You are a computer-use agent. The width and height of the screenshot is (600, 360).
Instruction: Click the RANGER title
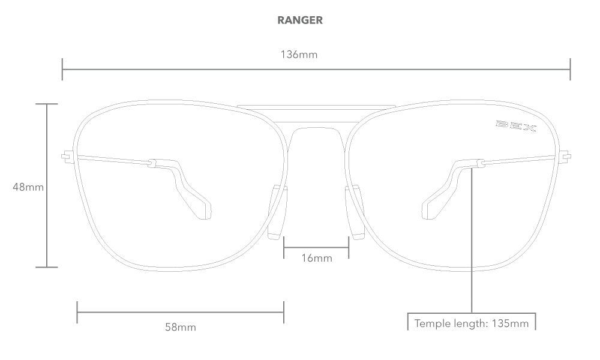[299, 20]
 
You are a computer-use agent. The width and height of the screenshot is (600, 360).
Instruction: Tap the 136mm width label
[299, 55]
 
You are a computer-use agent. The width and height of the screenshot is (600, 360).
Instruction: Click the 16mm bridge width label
[316, 258]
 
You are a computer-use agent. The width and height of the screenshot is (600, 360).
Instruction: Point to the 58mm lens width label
[181, 327]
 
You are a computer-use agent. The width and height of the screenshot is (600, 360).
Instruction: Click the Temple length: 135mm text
[472, 323]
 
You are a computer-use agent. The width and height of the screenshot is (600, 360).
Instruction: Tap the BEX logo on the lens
[515, 127]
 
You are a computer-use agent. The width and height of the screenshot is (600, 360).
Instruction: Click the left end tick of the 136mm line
[62, 69]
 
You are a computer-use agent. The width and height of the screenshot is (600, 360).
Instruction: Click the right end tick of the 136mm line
[570, 69]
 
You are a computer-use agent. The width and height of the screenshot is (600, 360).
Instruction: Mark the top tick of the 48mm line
[47, 104]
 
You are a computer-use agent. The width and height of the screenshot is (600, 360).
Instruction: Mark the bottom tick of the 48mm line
[47, 267]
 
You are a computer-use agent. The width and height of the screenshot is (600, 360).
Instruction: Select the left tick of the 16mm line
[284, 246]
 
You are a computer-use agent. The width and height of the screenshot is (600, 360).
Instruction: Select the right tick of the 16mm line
[349, 246]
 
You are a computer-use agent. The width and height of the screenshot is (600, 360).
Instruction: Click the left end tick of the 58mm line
[77, 312]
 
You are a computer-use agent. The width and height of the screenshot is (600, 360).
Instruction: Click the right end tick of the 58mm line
[284, 312]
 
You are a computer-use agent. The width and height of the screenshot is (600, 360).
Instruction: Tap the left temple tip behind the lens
[202, 208]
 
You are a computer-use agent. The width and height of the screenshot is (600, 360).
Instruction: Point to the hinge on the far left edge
[67, 157]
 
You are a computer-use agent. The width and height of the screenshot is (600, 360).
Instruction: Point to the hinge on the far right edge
[565, 157]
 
